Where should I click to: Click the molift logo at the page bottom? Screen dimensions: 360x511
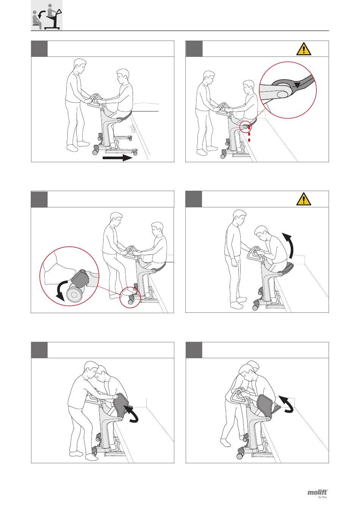[318, 498]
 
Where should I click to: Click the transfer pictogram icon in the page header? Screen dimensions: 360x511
[47, 15]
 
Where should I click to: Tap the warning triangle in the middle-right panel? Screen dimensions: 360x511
[304, 199]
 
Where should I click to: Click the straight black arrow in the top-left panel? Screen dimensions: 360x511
[117, 158]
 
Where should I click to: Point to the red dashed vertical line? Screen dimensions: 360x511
[249, 134]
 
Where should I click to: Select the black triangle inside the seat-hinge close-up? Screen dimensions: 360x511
[297, 86]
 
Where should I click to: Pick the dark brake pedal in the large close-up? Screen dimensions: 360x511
[80, 279]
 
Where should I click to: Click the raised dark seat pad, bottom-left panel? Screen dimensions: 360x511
[121, 406]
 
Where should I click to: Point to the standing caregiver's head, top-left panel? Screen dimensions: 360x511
[80, 65]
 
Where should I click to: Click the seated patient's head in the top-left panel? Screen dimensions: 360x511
[123, 77]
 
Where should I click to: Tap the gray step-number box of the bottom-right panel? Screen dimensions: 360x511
[194, 350]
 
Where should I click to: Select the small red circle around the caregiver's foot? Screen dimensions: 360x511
[130, 297]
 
